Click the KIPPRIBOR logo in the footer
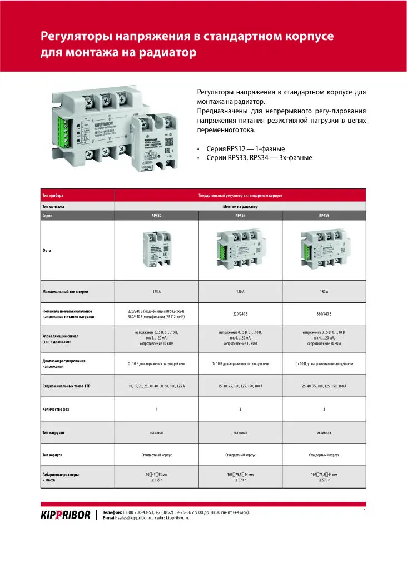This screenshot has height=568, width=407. point(65,515)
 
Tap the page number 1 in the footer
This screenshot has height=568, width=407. point(364,510)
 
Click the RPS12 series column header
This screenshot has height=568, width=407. point(156,215)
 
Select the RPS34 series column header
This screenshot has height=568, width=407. point(240,215)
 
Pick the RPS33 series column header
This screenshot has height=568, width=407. point(324,215)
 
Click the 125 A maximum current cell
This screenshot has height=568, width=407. point(156,291)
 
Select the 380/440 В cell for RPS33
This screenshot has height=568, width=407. point(324,314)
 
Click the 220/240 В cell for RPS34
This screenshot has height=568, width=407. point(240,314)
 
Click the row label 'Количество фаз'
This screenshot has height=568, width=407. point(59,409)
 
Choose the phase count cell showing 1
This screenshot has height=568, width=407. point(156,409)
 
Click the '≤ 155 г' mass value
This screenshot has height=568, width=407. point(156,479)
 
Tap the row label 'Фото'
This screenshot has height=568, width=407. point(47,250)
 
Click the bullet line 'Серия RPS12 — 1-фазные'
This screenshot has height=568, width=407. point(245,149)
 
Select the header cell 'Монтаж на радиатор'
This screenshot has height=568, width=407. point(240,206)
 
